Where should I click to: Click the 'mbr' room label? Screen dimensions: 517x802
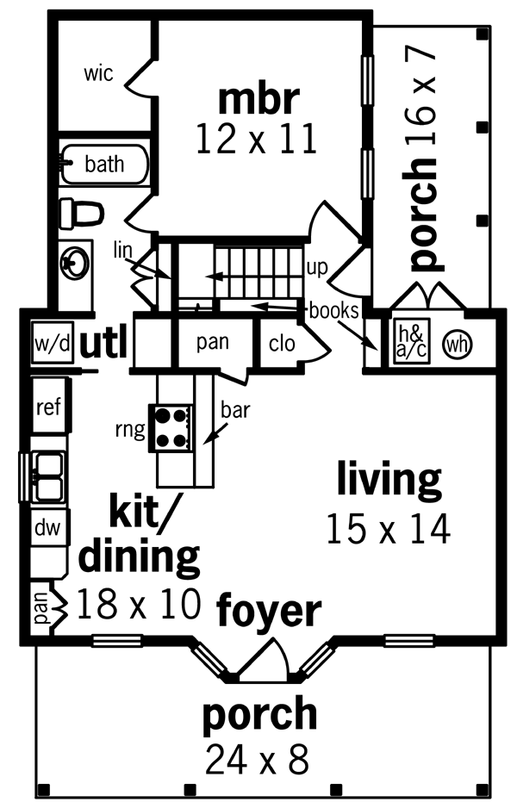258,100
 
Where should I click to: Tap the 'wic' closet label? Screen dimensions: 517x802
98,73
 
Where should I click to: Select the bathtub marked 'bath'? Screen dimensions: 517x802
103,165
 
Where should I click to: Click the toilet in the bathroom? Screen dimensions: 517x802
81,214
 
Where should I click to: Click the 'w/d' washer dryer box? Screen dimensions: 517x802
53,343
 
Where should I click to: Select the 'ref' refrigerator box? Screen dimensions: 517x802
50,407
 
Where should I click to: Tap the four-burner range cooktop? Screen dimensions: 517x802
171,427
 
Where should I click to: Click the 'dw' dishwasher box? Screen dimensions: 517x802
48,527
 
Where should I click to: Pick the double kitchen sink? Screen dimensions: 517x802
47,476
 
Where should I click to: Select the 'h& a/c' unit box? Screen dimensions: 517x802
411,342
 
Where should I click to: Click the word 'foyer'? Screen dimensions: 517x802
269,612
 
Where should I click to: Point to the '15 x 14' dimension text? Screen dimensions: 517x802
388,528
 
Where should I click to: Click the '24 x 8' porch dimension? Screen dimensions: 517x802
257,759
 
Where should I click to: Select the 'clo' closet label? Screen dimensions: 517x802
282,343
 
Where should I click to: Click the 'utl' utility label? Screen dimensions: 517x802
103,344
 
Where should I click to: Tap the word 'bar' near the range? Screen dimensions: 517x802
235,409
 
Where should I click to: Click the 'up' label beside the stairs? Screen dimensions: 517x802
317,268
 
